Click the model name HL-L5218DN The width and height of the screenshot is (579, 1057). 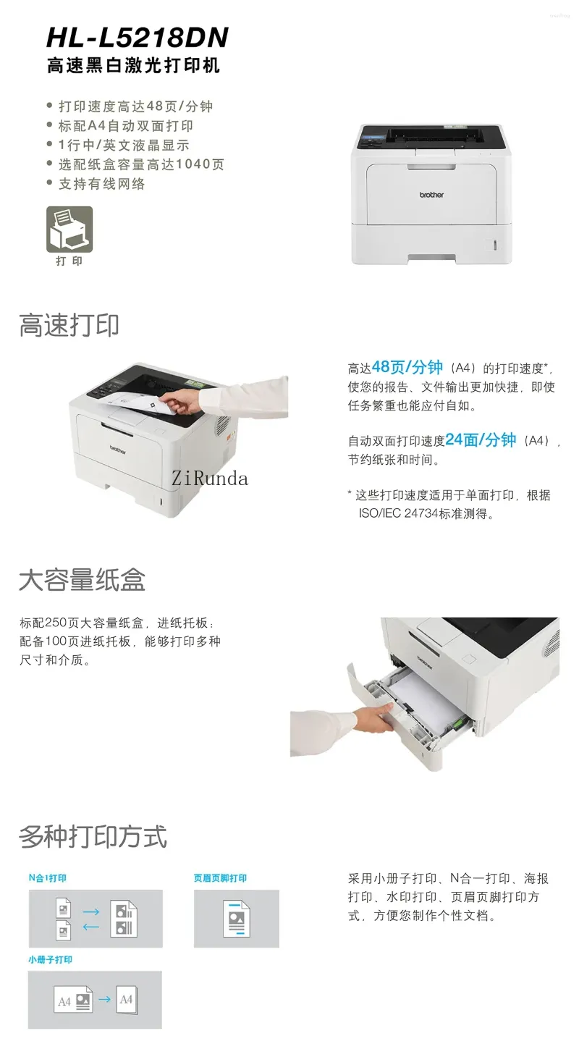[138, 38]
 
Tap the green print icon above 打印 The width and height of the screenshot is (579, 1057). [69, 229]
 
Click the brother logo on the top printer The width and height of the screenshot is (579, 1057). [431, 195]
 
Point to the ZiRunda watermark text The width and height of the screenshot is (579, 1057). [209, 479]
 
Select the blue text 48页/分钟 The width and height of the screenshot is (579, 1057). [407, 366]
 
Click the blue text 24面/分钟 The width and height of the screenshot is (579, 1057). [481, 439]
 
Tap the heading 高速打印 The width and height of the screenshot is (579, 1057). [69, 325]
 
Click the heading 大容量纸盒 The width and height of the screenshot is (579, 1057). [82, 579]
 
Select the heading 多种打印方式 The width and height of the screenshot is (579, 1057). [93, 837]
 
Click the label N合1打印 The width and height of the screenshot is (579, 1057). [48, 878]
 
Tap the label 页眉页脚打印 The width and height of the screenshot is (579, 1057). [220, 878]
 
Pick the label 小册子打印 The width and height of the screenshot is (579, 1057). [50, 960]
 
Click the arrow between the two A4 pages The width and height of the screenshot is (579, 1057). [105, 999]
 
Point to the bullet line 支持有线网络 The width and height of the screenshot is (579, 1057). [102, 184]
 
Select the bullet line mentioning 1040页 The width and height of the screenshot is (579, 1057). [141, 164]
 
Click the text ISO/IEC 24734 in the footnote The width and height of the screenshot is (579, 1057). [398, 513]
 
